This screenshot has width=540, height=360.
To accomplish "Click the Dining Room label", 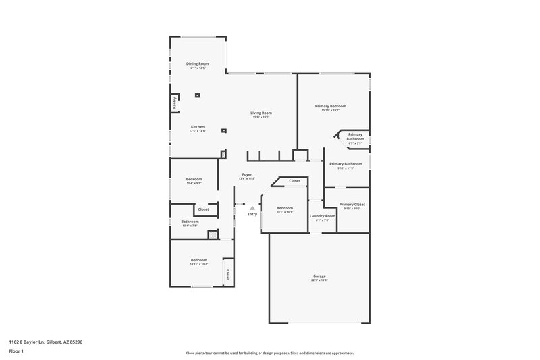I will pos(198,63).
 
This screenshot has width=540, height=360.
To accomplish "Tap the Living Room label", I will pos(261,113).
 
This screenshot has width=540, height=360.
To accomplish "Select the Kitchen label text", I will pos(198,127).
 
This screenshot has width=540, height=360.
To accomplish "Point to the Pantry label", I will pos(174,103).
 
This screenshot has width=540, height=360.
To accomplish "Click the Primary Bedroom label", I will pos(331,106).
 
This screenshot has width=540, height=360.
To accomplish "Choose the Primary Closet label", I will pos(352,204).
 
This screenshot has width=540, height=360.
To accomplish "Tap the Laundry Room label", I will pos(322,216).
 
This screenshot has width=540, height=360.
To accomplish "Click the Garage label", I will pos(319,276).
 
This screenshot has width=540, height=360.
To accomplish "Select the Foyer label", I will pos(247,174).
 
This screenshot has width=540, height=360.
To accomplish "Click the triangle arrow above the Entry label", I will pos(252,208).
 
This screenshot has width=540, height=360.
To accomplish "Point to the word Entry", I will pos(252,214).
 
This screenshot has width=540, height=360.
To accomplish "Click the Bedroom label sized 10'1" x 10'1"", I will pos(285,208).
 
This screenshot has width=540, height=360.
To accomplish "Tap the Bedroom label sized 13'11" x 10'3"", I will pos(198,260).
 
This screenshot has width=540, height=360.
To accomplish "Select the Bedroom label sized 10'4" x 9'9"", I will pos(194,179).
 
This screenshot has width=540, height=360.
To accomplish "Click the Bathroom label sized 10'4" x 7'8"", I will pos(190,222).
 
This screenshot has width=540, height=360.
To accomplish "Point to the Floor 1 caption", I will pos(16,352).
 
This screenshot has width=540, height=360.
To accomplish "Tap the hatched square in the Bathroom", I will pos(213,234).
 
